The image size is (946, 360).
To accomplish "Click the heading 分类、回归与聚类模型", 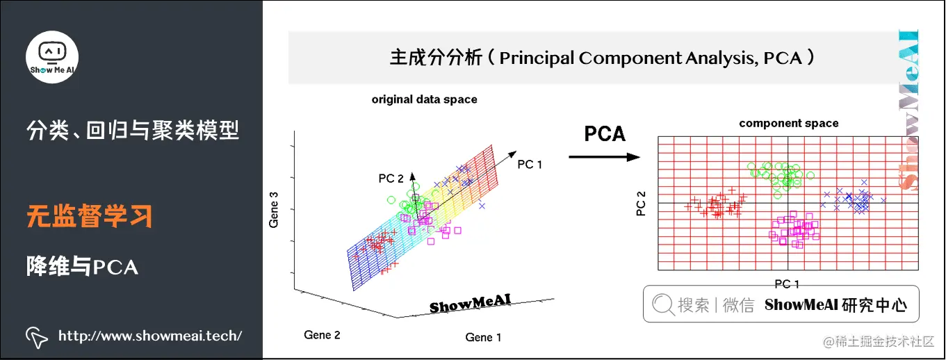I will click(x=132, y=130).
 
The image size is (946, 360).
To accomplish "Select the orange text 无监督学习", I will click(x=90, y=217).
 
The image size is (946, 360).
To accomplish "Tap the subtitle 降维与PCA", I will click(x=82, y=266).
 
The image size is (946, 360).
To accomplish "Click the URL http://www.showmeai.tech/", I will click(x=150, y=336).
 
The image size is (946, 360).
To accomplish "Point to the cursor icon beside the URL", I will click(x=36, y=336).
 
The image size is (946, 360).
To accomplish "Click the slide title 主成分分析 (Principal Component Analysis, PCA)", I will click(x=602, y=58).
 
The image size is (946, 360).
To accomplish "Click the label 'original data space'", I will click(x=424, y=99).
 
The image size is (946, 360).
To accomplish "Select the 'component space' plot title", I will click(x=788, y=124).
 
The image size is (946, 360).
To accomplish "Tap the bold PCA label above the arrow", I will click(x=604, y=133).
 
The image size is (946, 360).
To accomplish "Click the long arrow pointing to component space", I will click(x=603, y=157).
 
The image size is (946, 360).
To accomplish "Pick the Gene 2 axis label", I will click(x=322, y=335).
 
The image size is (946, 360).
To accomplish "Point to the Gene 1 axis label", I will click(x=483, y=338).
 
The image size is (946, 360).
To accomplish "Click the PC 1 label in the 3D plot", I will click(x=530, y=165).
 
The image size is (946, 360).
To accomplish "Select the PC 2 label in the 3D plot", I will click(x=391, y=179).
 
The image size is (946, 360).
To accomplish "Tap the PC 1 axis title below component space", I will click(x=786, y=283).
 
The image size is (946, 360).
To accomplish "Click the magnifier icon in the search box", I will click(x=663, y=304).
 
